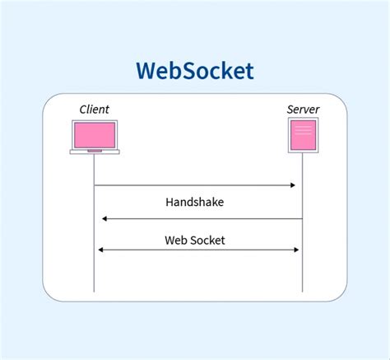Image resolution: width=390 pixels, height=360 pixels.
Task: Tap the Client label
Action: (94, 110)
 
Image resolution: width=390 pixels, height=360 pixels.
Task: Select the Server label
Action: (303, 110)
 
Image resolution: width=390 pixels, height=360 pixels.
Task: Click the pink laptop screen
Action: (95, 134)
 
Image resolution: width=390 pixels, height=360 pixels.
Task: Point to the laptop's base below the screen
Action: (95, 151)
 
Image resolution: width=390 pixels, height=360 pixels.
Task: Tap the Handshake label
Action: (194, 202)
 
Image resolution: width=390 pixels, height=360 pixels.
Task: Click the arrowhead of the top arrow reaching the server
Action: (292, 185)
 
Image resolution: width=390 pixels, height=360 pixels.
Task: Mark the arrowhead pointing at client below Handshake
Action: (104, 219)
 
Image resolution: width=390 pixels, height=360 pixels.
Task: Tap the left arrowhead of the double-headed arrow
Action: (100, 250)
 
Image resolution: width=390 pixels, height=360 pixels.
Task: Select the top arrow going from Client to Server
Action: (195, 185)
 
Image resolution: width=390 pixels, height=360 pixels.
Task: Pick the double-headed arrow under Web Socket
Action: (197, 250)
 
